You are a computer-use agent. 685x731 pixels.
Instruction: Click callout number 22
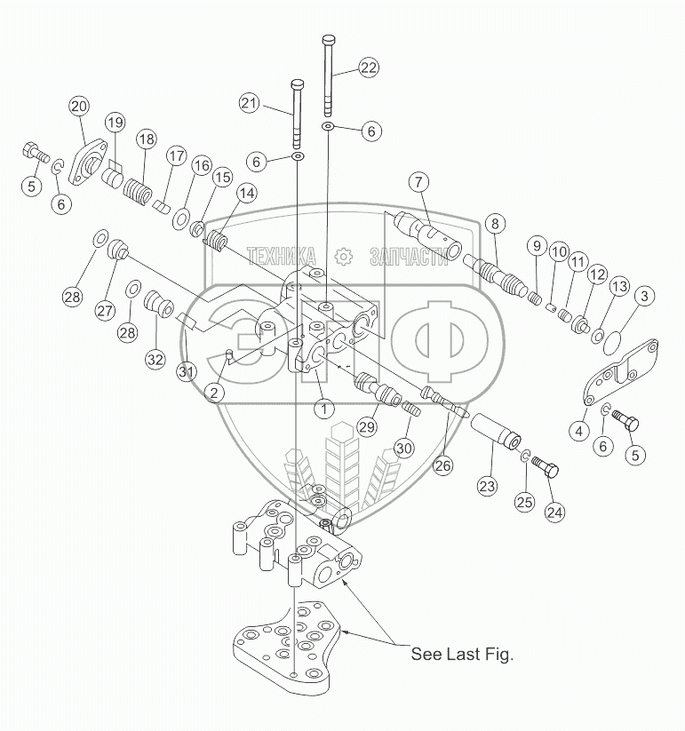pyautogui.click(x=369, y=68)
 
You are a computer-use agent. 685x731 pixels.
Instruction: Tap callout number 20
pyautogui.click(x=79, y=107)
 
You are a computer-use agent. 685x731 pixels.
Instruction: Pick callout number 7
pyautogui.click(x=419, y=183)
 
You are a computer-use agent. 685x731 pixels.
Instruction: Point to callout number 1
pyautogui.click(x=324, y=409)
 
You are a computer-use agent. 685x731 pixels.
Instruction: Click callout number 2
pyautogui.click(x=214, y=390)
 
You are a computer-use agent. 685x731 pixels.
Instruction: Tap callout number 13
pyautogui.click(x=619, y=287)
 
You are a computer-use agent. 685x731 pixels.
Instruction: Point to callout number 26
pyautogui.click(x=443, y=464)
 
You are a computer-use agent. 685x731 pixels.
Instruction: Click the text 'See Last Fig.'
pyautogui.click(x=462, y=655)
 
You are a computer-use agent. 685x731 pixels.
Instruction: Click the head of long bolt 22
pyautogui.click(x=328, y=39)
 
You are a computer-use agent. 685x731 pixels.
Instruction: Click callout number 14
pyautogui.click(x=245, y=193)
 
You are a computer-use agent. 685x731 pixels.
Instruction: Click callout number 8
pyautogui.click(x=494, y=224)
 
